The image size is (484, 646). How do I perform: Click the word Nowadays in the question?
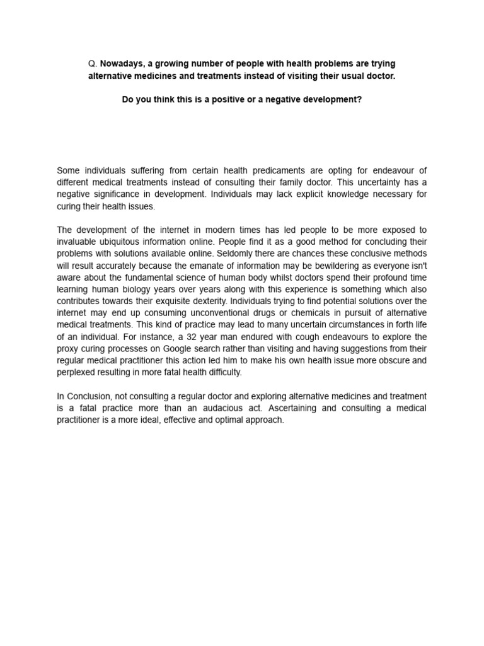click(x=121, y=64)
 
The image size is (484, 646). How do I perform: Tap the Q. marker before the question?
click(x=93, y=64)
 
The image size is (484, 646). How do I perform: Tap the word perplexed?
click(x=77, y=373)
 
